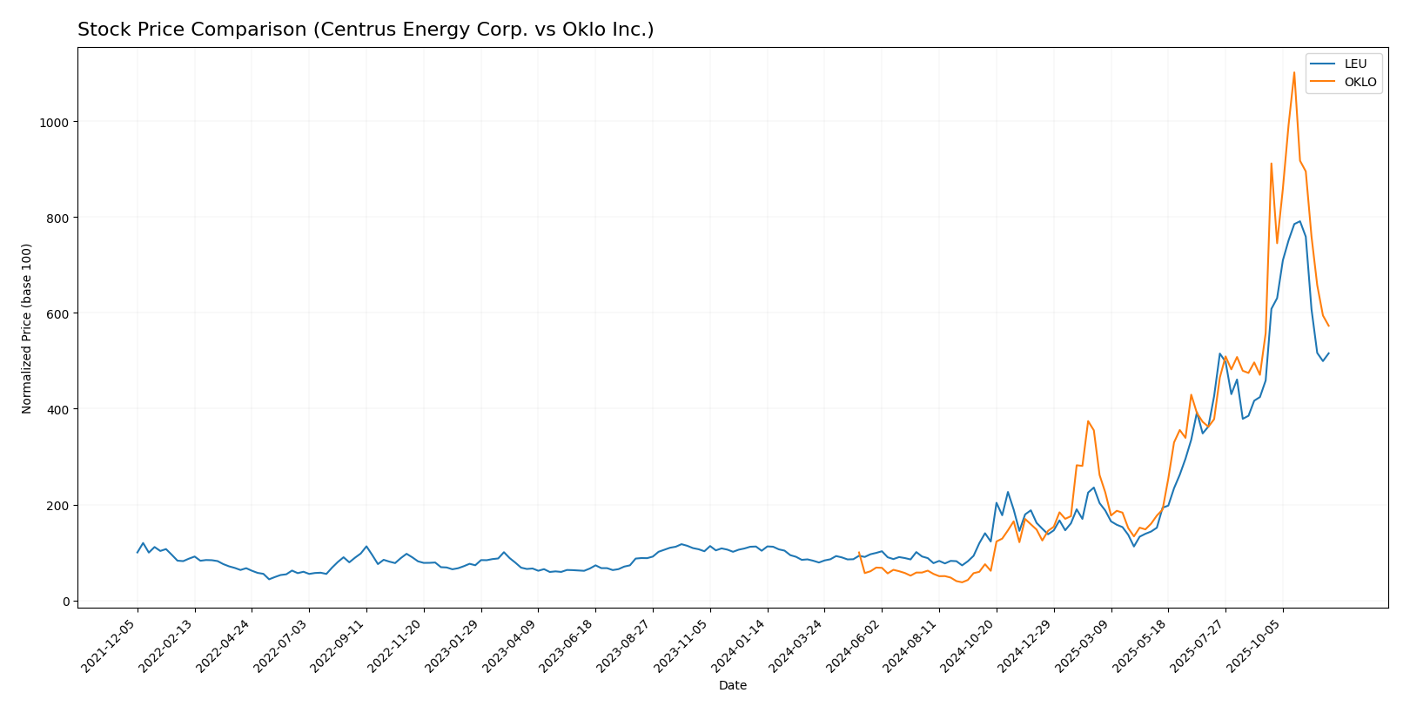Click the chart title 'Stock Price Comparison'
[x=365, y=30]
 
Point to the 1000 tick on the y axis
[x=54, y=122]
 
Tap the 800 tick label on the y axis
[x=57, y=218]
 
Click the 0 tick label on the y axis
[x=65, y=602]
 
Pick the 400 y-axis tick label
[x=57, y=409]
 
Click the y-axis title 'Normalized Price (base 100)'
[x=27, y=328]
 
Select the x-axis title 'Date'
[x=732, y=685]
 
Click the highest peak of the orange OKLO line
[x=1294, y=72]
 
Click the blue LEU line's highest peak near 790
[x=1299, y=221]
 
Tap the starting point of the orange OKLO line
[x=859, y=553]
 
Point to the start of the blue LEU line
[x=138, y=552]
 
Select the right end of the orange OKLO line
[x=1328, y=326]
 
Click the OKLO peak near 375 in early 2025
[x=1088, y=421]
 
